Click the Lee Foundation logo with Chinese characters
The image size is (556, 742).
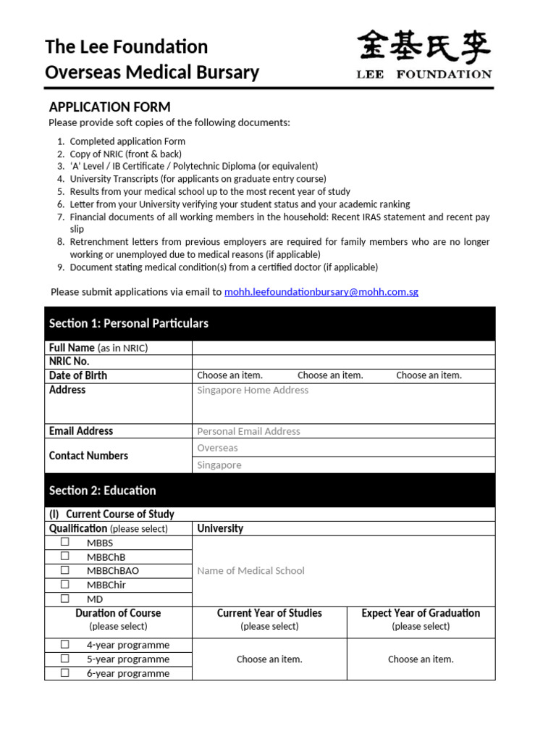[425, 55]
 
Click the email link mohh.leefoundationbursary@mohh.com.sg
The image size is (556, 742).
[321, 292]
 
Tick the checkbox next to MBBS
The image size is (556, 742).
[65, 542]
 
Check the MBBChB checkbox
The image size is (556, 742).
[65, 556]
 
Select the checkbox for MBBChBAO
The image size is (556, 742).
[65, 570]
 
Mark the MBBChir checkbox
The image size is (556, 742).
[65, 584]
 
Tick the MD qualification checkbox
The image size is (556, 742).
[65, 599]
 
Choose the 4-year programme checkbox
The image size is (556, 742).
[65, 644]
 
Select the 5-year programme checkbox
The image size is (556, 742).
[65, 659]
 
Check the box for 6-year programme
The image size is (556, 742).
[65, 672]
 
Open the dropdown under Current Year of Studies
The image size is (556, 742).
[269, 659]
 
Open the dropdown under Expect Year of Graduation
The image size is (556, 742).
[421, 659]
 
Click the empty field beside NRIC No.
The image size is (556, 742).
[343, 362]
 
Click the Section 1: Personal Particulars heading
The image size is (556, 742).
[129, 323]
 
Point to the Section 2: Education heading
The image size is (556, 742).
[103, 491]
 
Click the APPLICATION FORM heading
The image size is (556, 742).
[109, 107]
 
